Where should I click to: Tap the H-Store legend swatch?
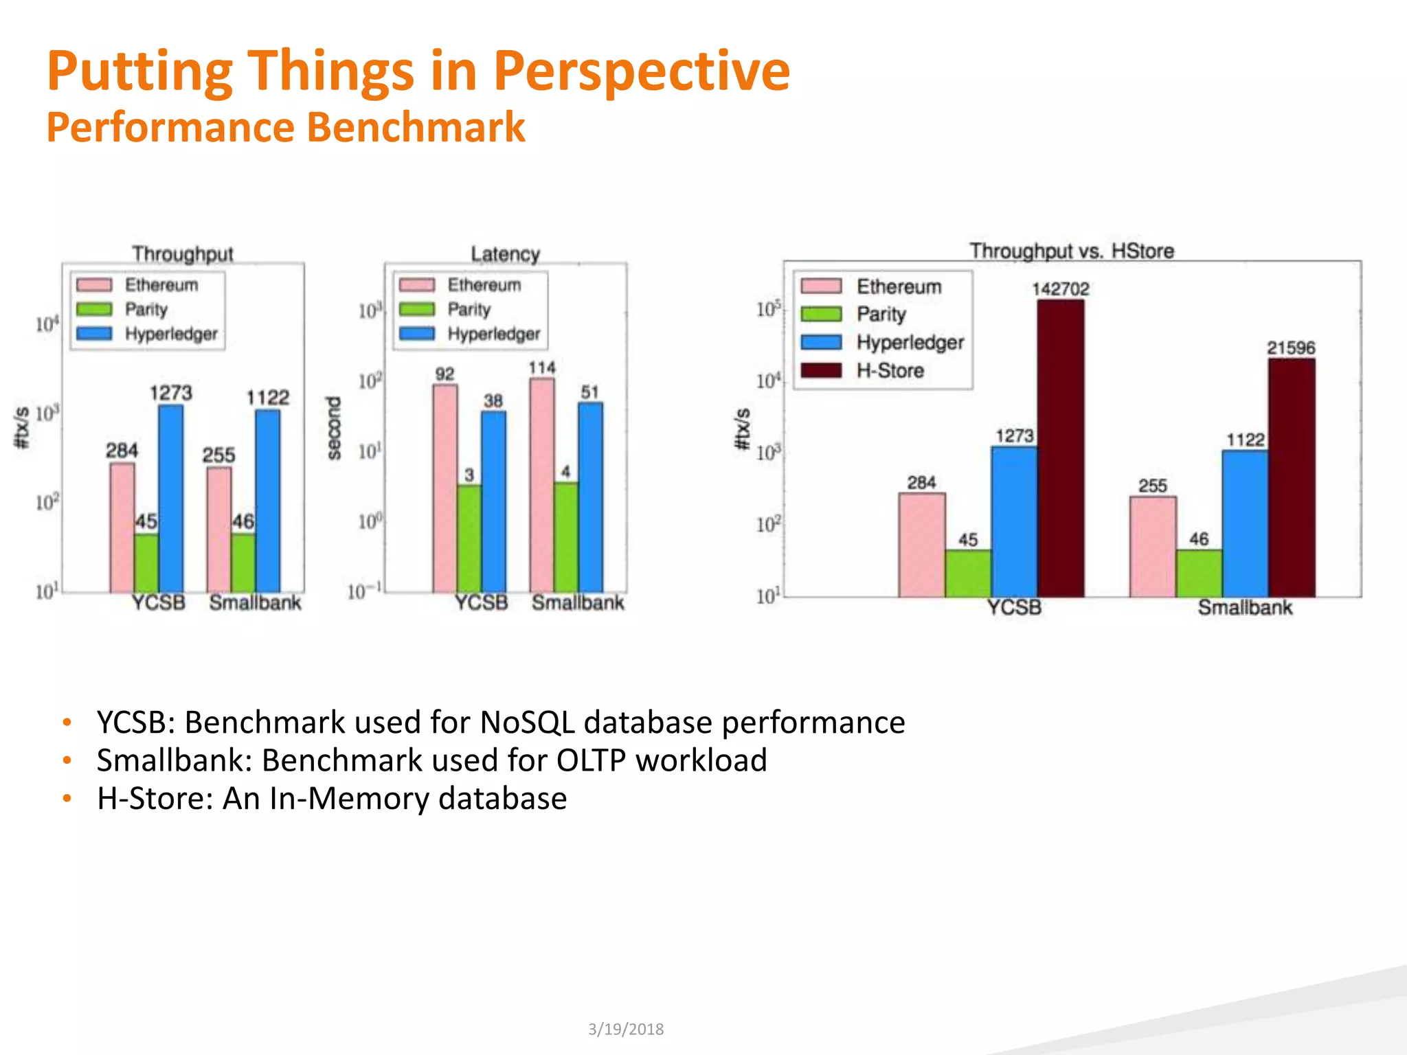821,371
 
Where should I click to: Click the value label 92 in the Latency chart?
444,374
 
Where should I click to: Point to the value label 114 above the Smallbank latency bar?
542,368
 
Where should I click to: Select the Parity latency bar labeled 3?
469,538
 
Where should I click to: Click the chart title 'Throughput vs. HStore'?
1072,251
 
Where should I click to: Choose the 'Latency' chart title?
505,254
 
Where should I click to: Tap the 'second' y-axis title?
334,428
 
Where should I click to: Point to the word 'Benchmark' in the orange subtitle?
416,128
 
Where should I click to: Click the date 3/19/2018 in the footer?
626,1029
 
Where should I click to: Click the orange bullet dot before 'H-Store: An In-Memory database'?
67,798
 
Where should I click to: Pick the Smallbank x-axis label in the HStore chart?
1245,608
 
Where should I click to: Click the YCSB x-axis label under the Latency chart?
481,603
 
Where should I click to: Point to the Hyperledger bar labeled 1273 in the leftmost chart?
171,498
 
